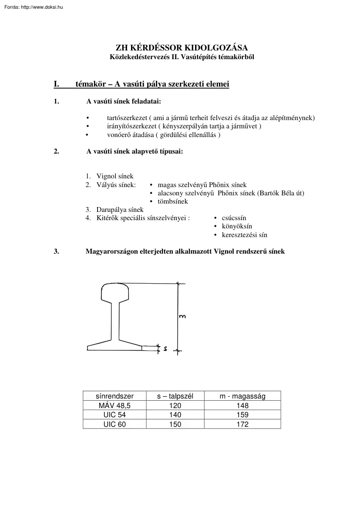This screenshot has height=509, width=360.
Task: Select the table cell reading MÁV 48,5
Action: (115, 405)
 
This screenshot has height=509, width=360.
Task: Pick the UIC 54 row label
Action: (115, 415)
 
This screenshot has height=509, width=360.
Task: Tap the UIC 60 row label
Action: (115, 424)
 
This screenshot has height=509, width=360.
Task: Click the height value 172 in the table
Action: (242, 424)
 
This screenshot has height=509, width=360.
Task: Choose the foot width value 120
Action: (175, 405)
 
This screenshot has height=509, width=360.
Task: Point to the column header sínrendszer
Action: (115, 396)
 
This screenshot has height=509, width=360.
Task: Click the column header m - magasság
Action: (242, 396)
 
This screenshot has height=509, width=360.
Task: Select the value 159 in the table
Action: (242, 415)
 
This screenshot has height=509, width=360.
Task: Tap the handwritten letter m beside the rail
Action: (183, 316)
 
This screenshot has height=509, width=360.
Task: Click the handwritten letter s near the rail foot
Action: (166, 349)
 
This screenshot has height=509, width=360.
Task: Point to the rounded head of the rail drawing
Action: (115, 291)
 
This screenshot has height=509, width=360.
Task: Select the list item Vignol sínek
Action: (115, 176)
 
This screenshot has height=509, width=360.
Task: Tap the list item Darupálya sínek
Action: (120, 210)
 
